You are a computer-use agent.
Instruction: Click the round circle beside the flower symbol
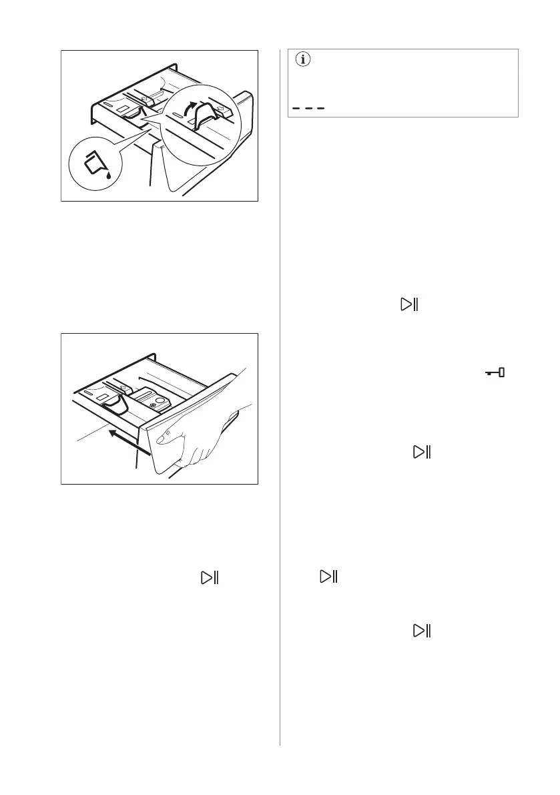click(x=163, y=401)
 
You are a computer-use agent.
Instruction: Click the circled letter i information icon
click(x=304, y=59)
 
